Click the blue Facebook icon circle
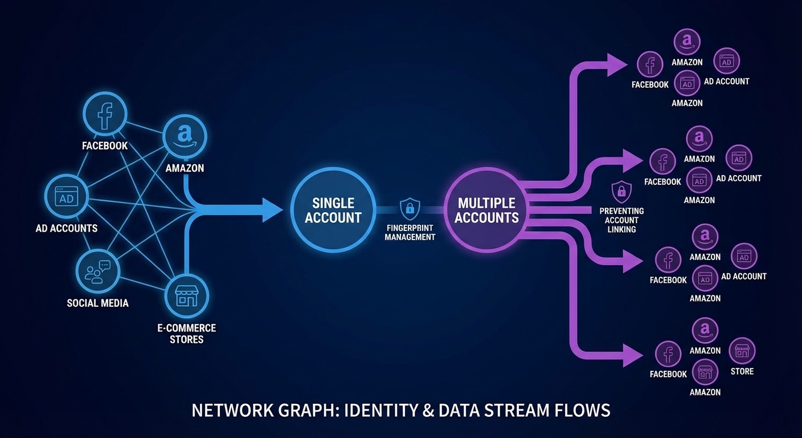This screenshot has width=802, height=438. (x=105, y=116)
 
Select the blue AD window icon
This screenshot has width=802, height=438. (x=67, y=197)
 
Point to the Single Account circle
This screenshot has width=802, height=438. (x=333, y=210)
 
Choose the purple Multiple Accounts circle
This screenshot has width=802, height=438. (x=486, y=210)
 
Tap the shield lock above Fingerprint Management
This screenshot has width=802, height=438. (x=410, y=209)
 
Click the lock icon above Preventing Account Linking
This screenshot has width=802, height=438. (x=621, y=190)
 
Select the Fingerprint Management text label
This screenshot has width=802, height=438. (x=410, y=233)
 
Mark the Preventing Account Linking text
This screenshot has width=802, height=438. (x=621, y=220)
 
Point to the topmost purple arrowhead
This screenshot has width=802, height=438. (x=616, y=64)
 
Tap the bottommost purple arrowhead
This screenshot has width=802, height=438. (x=632, y=355)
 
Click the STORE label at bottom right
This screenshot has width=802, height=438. (x=742, y=371)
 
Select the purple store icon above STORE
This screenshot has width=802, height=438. (x=742, y=351)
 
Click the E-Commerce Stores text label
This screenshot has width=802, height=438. (x=187, y=334)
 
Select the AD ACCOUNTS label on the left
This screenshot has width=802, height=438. (x=67, y=228)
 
